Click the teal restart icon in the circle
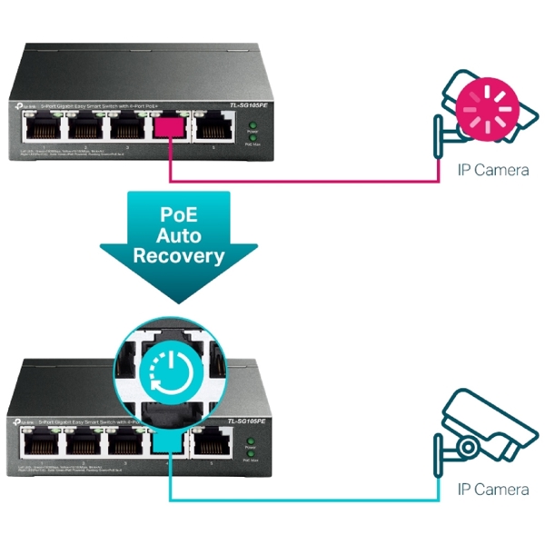169,368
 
